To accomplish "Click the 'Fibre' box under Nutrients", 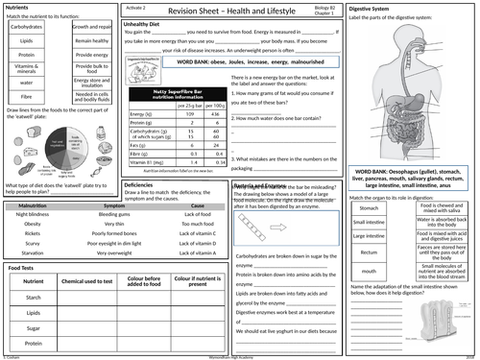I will [x=26, y=97].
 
